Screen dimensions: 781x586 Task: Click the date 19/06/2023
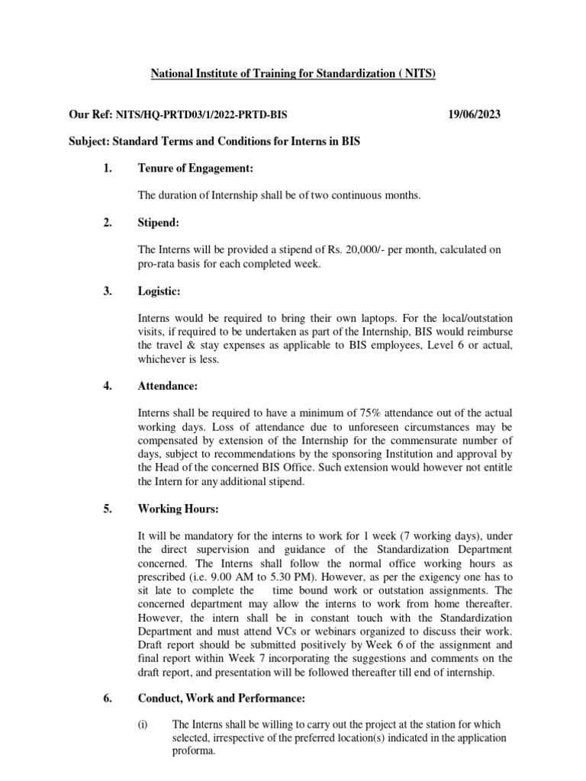pos(474,114)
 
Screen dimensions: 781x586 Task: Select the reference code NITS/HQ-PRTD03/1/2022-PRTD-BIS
pos(202,114)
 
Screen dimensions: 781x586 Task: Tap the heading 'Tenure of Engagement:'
pos(195,168)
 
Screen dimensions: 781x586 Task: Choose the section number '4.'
pos(108,386)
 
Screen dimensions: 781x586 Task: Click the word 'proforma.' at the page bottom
pos(195,751)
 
